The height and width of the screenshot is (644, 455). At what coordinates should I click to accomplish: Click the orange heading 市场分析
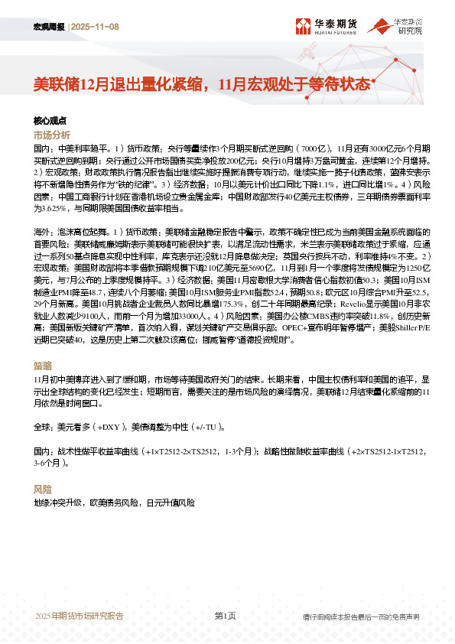pos(52,134)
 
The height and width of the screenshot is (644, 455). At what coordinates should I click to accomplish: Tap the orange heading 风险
pos(43,489)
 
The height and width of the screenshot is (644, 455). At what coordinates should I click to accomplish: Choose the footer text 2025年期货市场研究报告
pos(79,616)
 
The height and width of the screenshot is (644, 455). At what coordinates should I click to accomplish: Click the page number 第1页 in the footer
pos(224,616)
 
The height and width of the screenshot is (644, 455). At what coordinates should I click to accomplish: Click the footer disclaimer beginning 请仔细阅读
pos(361,616)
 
